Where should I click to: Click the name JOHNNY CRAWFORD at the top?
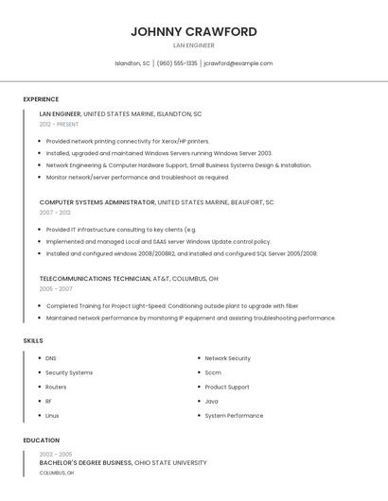coord(193,31)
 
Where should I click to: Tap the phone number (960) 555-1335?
coord(177,63)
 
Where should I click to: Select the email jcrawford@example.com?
coord(238,63)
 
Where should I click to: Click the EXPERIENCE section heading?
coord(41,98)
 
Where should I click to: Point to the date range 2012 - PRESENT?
coord(59,124)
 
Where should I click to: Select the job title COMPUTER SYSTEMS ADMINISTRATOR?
coord(97,202)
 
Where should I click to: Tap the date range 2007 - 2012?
coord(55,213)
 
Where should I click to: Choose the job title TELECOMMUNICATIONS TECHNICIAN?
coord(95,279)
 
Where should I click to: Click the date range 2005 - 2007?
coord(55,289)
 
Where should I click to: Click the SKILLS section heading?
coord(33,340)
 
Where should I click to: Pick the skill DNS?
coord(51,358)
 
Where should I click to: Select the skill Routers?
coord(56,387)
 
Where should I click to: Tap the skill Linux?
coord(52,415)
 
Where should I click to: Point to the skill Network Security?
coord(227,358)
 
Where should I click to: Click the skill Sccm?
coord(213,372)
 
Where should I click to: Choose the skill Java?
coord(211,401)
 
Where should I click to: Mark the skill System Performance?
coord(234,415)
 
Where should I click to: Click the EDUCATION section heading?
coord(42,441)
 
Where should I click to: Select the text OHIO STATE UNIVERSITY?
coord(170,462)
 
